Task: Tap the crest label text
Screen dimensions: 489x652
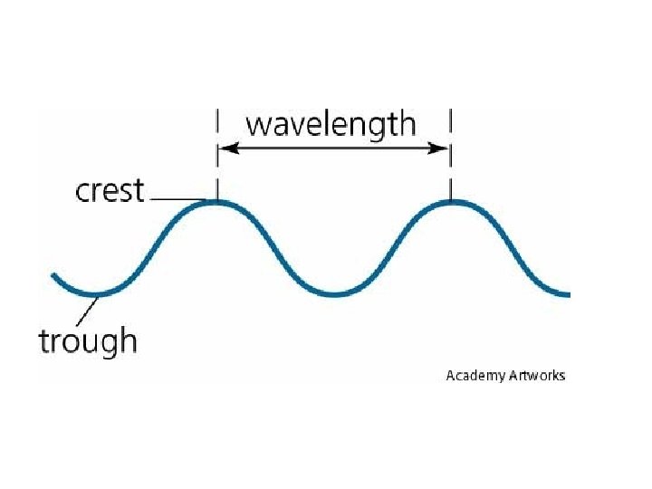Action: (110, 190)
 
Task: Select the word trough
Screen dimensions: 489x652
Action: (87, 340)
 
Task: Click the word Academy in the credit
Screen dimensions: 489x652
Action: (475, 375)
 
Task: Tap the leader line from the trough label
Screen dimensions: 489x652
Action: (85, 312)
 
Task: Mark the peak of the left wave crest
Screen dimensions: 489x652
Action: (216, 203)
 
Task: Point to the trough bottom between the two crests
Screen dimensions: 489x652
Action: (333, 294)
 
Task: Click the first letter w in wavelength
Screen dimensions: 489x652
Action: (259, 125)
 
